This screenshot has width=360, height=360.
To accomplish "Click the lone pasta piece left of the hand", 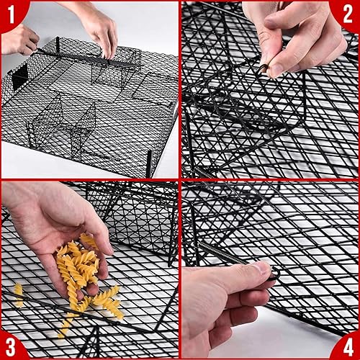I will click(x=18, y=292).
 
